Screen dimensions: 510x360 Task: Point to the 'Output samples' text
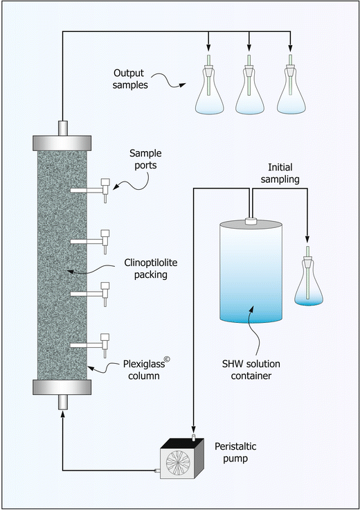[135, 78]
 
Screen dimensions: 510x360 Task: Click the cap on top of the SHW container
[251, 222]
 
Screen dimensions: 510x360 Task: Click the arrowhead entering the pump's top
[193, 431]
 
